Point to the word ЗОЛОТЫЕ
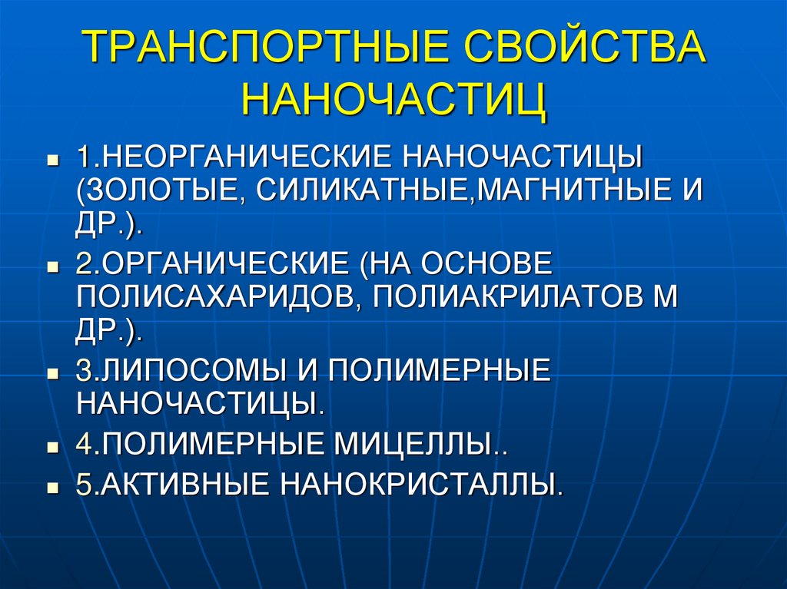[x=161, y=189]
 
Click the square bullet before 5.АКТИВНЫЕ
[x=53, y=487]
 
